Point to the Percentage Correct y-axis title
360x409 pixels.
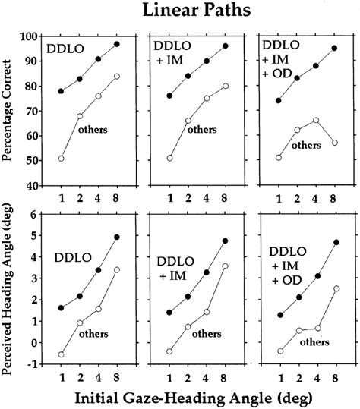click(x=9, y=111)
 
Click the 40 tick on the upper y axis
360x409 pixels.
click(x=32, y=184)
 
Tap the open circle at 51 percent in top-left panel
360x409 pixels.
click(x=61, y=158)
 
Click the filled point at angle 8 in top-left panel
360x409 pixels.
click(x=116, y=44)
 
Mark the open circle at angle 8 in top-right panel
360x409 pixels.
click(x=335, y=142)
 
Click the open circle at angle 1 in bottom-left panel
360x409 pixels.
click(x=61, y=354)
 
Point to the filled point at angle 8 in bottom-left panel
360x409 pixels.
click(x=116, y=238)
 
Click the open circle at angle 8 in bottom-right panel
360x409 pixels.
click(x=335, y=288)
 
